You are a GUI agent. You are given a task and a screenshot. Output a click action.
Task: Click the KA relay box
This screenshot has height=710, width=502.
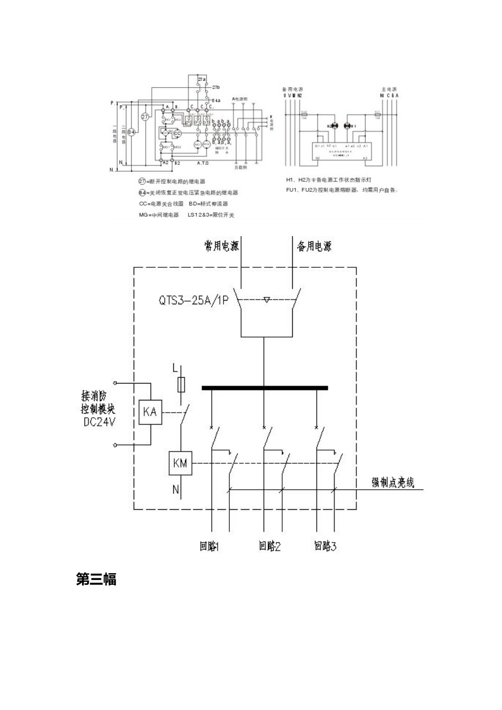coord(150,411)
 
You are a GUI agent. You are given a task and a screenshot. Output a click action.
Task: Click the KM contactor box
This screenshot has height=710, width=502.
coord(180,463)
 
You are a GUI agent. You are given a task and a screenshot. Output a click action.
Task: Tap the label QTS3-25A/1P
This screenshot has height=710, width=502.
coord(193,301)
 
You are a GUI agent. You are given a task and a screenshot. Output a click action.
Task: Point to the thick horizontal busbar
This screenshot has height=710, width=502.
coord(265,388)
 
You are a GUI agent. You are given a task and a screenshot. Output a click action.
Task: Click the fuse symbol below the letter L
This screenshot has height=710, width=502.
coord(182,384)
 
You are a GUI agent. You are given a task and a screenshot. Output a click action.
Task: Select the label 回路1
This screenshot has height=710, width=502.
coord(209,546)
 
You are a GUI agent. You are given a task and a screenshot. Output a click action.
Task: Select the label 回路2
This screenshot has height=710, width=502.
coord(269,546)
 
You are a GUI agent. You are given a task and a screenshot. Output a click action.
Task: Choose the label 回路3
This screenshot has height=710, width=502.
coord(326,546)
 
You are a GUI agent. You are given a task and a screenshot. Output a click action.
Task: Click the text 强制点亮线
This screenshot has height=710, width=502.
coord(393,482)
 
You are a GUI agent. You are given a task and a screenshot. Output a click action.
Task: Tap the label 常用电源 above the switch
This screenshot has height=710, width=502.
coord(221,246)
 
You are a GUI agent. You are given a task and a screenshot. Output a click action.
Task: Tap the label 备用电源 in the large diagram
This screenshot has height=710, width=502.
coord(314,246)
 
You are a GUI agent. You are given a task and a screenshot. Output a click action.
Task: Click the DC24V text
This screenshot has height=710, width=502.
coord(99,422)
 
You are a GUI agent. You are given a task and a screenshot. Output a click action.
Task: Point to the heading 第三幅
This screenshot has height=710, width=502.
coord(96,580)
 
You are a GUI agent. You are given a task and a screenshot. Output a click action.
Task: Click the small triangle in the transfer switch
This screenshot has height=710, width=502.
coord(267,300)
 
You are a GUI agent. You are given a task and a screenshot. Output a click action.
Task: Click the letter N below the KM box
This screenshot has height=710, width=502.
coord(176,490)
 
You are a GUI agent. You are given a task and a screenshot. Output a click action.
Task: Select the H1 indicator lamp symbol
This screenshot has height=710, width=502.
coord(347,126)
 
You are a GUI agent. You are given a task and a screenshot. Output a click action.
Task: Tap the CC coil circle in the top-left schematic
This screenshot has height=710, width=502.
coord(177,133)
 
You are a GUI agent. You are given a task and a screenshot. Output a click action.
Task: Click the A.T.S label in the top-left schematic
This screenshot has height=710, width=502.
coord(203,163)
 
